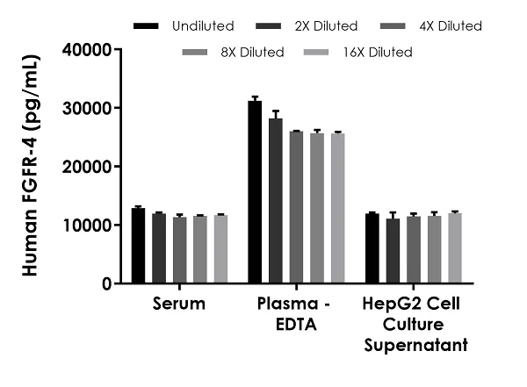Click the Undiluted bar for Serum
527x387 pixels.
(x=138, y=246)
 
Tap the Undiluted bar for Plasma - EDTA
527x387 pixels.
(x=255, y=192)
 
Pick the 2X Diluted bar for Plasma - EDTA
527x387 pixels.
(x=276, y=201)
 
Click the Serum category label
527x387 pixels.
(x=179, y=305)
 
